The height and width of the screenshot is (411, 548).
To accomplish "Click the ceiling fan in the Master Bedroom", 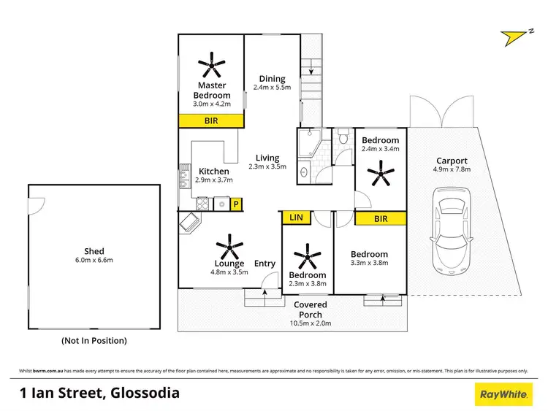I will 211,65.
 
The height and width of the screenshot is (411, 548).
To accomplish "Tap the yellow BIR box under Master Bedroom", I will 211,121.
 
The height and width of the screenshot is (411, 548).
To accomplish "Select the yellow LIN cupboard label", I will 295,218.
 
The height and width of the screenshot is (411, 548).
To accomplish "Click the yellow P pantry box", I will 236,204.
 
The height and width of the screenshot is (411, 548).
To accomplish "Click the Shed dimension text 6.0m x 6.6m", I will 94,261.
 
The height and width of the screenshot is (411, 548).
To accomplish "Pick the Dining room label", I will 272,79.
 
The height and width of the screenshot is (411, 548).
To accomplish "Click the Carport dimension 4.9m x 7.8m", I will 452,169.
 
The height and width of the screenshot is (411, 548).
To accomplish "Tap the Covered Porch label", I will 311,304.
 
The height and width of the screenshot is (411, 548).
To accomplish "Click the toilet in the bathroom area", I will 343,137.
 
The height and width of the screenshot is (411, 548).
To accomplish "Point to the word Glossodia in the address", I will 144,393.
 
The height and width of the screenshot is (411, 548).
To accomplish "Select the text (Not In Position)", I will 94,340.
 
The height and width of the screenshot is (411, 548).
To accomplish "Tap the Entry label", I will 265,264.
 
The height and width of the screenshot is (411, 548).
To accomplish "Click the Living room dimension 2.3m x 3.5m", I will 267,166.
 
